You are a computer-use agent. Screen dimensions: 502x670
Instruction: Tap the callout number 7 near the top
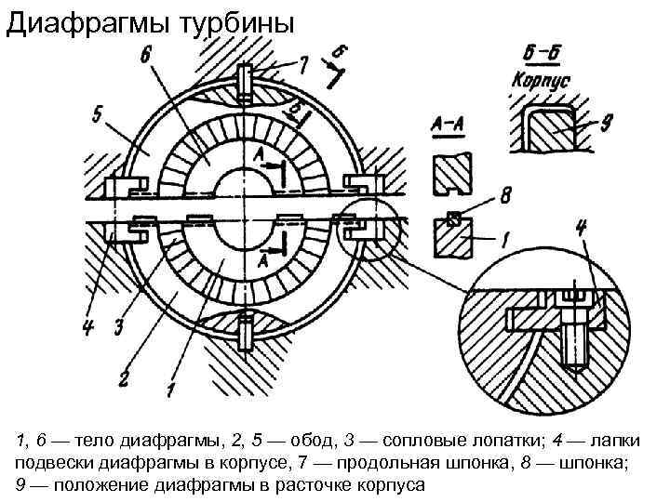coord(303,63)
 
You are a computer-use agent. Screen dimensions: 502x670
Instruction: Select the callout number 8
coord(505,196)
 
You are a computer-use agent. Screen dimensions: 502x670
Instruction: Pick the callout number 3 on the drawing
coord(118,326)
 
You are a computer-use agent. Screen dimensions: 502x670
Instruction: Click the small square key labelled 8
coord(454,219)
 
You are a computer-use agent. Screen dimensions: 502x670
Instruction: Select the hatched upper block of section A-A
coord(453,174)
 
